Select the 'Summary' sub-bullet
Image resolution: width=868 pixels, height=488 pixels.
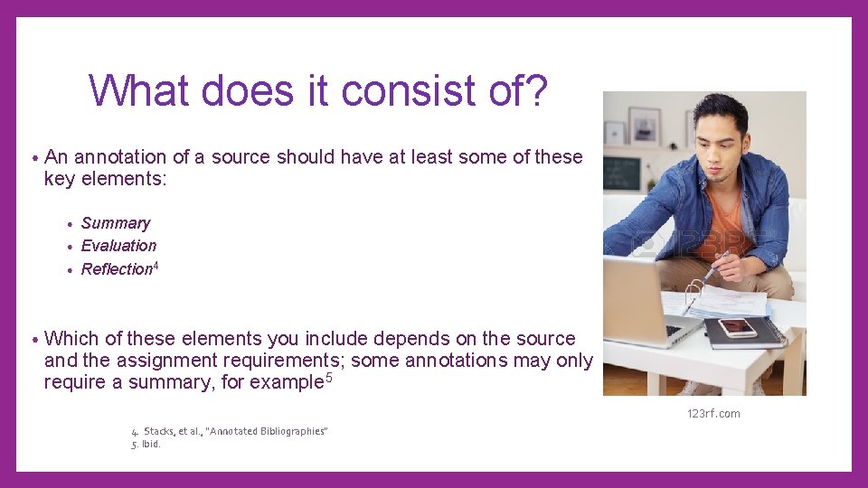point(116,223)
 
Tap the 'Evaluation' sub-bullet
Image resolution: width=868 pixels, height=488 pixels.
point(118,246)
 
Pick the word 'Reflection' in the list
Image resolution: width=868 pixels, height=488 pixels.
point(117,269)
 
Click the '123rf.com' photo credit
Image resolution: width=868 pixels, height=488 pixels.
point(712,414)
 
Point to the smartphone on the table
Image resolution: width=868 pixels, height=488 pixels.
point(737,326)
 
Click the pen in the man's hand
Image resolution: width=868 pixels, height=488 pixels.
point(718,265)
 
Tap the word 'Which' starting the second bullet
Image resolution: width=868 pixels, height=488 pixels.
point(72,339)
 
